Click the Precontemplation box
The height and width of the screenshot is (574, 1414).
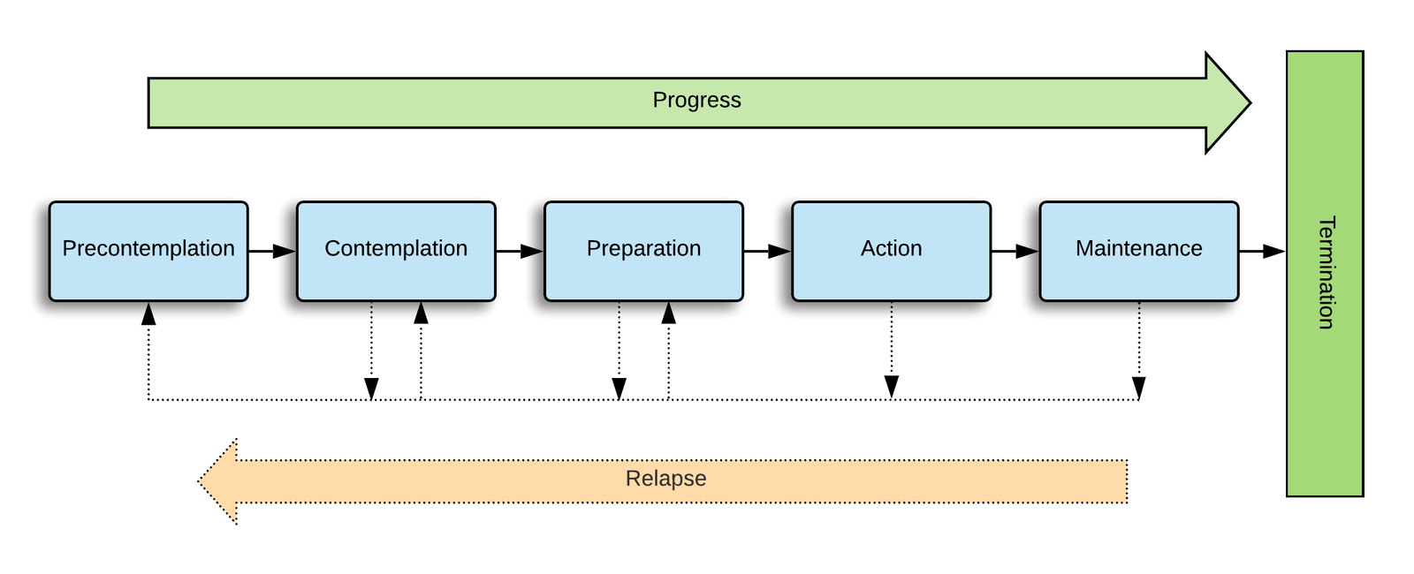[x=148, y=251]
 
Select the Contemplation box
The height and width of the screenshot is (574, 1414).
[x=396, y=251]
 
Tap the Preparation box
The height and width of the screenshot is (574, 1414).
[x=643, y=251]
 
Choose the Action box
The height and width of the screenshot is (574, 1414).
[x=891, y=251]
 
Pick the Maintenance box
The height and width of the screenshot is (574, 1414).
[x=1138, y=251]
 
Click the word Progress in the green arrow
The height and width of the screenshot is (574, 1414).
[x=696, y=101]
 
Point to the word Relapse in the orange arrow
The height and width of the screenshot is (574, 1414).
[x=665, y=479]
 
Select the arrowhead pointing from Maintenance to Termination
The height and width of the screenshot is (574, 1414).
[x=1275, y=252]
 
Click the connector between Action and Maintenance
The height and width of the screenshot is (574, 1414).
[x=1007, y=252]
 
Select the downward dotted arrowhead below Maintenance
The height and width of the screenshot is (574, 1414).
[x=1138, y=389]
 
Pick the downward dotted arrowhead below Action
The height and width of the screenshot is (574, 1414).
[x=891, y=389]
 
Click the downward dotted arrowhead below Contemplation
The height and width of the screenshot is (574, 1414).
[x=372, y=389]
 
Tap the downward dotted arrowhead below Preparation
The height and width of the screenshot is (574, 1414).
[x=620, y=389]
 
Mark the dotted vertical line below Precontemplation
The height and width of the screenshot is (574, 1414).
[x=148, y=362]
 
